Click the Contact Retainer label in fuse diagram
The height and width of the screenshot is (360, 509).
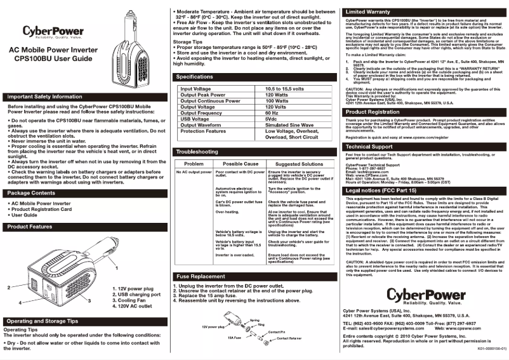(293, 339)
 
